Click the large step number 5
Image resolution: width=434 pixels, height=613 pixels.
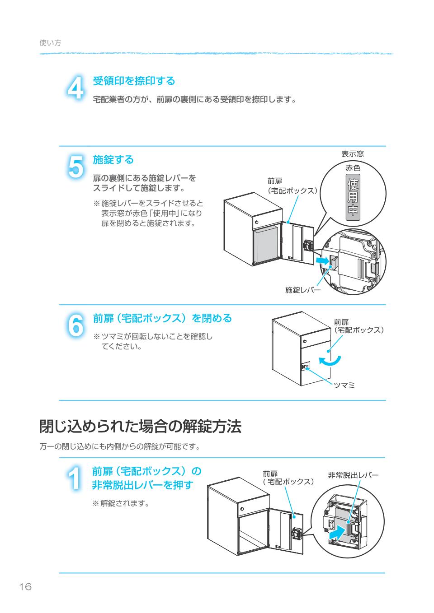coord(75,166)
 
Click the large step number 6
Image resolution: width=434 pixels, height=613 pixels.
coord(75,325)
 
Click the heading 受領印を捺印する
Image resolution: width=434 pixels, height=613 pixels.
coord(134,81)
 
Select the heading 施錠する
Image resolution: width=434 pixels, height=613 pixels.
coord(113,159)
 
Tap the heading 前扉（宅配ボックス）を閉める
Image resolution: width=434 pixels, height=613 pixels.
coord(162,318)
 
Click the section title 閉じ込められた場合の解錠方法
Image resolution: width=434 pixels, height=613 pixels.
coord(140,426)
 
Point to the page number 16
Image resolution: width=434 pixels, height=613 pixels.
coord(25,586)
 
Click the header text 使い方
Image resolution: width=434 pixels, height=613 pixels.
coord(50,43)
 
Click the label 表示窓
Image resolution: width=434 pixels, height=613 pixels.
coord(352,154)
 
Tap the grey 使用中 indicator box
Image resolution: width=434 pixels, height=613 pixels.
coord(353,197)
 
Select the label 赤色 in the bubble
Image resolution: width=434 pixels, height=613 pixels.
coord(353,168)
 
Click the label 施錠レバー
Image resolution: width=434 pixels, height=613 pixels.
coord(303,290)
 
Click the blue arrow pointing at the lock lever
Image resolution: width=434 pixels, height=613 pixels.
coord(322,261)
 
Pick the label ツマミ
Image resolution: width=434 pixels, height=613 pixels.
coord(344,385)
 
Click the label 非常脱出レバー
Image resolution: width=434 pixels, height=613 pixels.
coord(353,475)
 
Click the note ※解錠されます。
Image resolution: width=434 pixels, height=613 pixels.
coord(121,503)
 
